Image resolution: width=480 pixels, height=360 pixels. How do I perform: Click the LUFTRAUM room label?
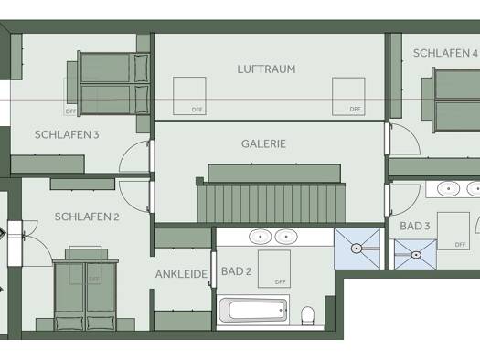click(266, 69)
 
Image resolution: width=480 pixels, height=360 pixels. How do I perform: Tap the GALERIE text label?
click(263, 143)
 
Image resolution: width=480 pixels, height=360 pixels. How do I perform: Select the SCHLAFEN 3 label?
click(67, 134)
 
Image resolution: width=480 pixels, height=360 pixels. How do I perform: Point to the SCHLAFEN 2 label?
click(87, 217)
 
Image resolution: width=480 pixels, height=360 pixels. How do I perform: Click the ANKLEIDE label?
click(182, 274)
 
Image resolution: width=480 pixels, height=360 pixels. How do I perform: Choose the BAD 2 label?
click(236, 271)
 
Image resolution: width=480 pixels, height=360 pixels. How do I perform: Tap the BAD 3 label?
click(415, 226)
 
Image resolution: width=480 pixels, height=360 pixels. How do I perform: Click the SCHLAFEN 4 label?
click(445, 53)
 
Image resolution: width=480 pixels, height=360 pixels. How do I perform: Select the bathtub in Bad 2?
click(253, 310)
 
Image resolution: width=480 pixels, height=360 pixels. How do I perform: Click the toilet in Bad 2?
click(307, 315)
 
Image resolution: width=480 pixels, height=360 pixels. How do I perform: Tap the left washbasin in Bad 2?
click(261, 237)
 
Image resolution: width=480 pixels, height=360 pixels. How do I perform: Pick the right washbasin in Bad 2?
click(286, 237)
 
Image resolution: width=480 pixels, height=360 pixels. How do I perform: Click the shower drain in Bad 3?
click(416, 255)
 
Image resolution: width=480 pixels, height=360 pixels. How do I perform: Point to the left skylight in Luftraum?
click(189, 96)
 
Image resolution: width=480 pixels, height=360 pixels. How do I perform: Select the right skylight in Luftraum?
click(348, 97)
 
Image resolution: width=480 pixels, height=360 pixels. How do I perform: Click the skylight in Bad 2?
click(274, 269)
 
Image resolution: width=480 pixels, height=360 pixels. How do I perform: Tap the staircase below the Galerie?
click(272, 203)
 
